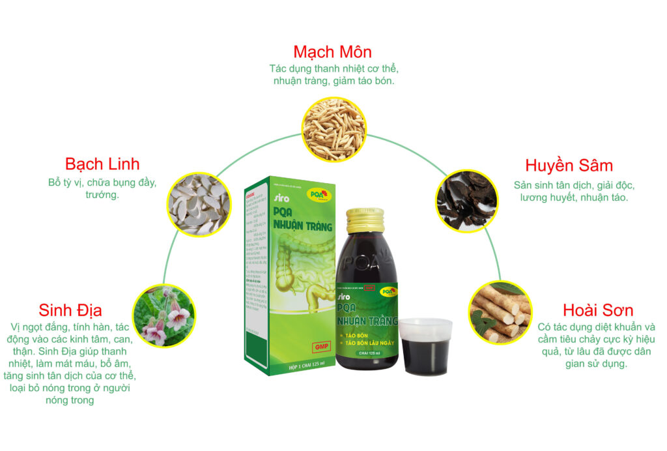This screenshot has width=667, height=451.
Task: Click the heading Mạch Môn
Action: (x=332, y=51)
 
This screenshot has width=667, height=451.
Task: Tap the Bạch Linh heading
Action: (x=102, y=164)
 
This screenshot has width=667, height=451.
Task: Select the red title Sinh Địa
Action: (x=70, y=310)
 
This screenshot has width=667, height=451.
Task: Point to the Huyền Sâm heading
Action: (x=569, y=165)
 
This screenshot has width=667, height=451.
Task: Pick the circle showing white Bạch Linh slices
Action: (x=199, y=203)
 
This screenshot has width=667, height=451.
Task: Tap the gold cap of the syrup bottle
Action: (x=366, y=220)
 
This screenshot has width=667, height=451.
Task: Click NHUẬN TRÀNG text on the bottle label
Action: (x=366, y=320)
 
